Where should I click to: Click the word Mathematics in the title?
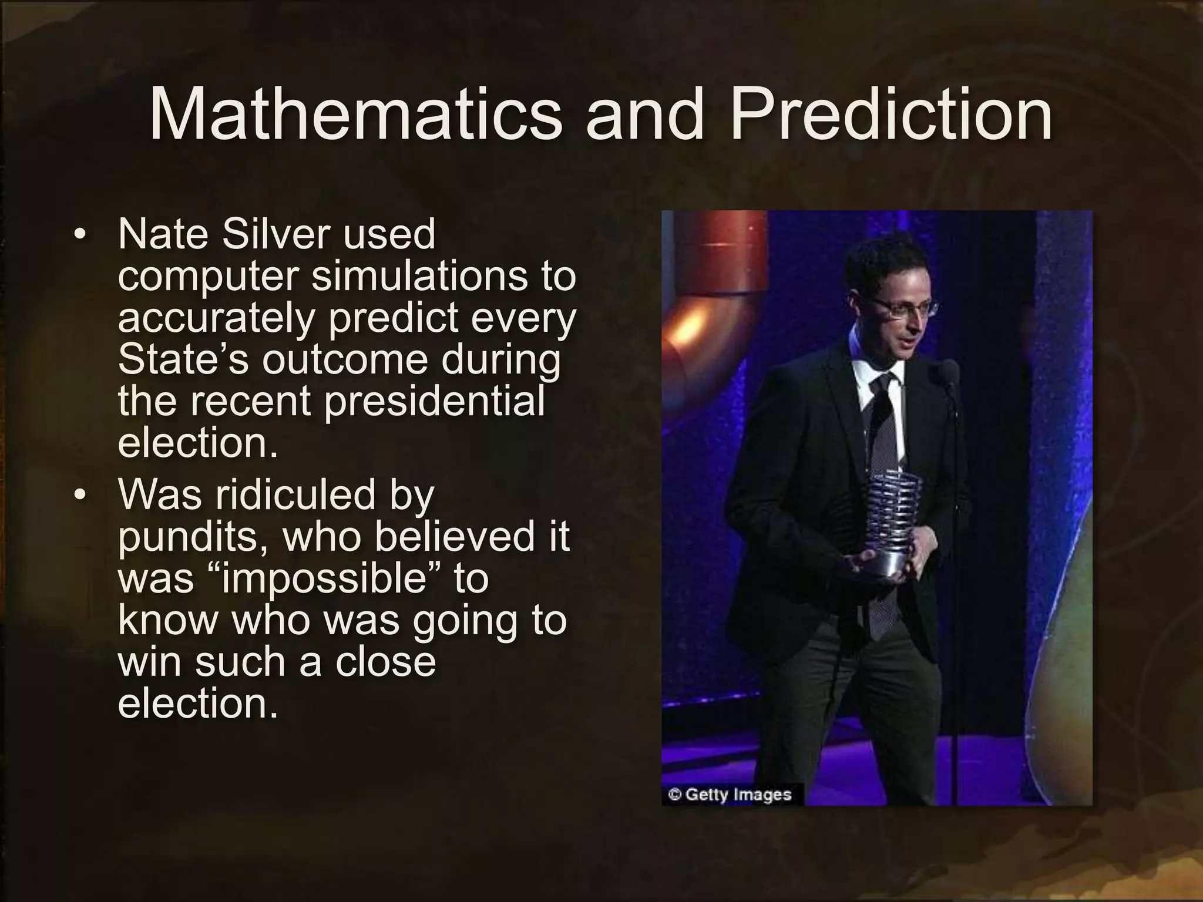[355, 115]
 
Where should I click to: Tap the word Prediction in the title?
[891, 115]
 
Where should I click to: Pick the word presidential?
[435, 402]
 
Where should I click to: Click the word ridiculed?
[295, 494]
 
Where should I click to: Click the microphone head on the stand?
[948, 371]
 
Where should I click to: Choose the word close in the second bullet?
[385, 662]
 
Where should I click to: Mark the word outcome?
[345, 359]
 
